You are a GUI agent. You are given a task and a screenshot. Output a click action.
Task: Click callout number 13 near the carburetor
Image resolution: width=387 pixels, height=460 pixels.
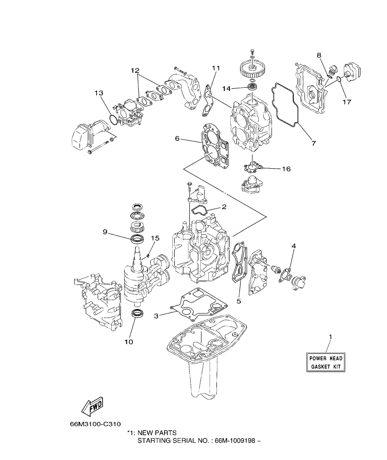[99, 93]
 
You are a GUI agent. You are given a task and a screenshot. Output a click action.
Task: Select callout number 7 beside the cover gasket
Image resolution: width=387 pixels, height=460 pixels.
[313, 143]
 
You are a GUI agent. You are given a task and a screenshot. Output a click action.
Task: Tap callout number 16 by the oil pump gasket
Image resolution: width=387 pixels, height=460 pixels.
[286, 169]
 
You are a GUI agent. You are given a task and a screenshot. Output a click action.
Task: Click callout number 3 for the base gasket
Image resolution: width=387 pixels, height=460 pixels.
[156, 316]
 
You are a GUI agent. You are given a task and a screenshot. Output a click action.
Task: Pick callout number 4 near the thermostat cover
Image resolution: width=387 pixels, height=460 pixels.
[294, 246]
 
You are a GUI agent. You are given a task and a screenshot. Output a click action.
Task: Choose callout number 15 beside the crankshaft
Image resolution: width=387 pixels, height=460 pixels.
[155, 238]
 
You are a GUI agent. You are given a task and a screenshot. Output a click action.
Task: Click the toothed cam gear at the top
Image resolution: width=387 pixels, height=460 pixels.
[252, 70]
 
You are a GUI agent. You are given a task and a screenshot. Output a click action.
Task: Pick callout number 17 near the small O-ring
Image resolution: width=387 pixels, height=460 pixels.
[347, 102]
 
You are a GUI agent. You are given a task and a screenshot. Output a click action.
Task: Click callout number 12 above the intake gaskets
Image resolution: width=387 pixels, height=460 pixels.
[134, 71]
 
